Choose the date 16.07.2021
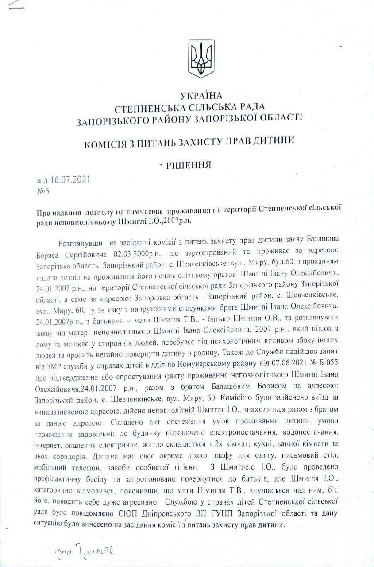71,180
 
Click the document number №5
42,192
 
